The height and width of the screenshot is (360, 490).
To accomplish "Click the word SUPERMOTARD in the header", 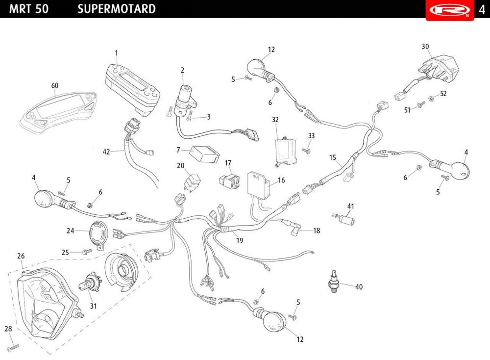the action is [117, 9].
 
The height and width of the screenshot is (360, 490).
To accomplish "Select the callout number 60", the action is [55, 85].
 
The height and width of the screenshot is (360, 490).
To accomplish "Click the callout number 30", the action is [425, 47].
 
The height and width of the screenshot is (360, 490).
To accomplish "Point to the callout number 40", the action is [359, 287].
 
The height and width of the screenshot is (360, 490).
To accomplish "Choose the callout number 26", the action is [21, 256].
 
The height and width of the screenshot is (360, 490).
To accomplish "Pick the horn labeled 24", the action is [98, 232].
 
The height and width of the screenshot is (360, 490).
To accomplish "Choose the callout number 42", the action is [106, 152].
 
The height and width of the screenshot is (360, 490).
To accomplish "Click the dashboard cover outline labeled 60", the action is [58, 109].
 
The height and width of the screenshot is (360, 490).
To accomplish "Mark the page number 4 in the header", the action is [482, 9].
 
